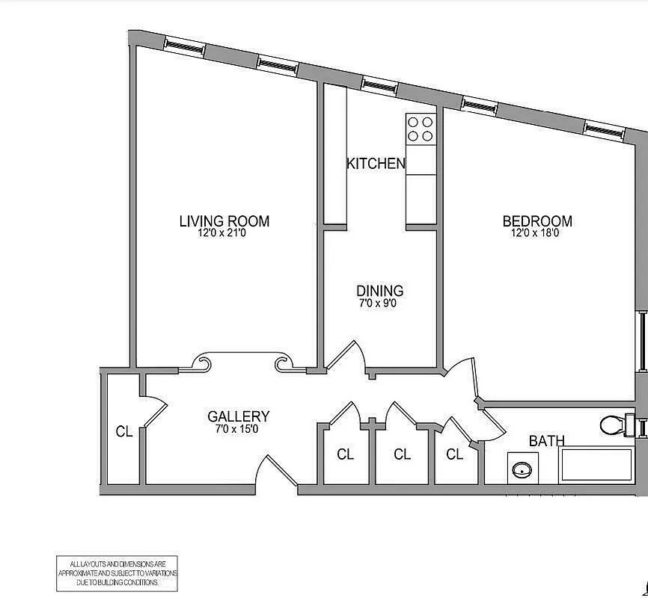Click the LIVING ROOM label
point(224,221)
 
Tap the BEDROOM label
point(537,221)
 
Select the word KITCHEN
point(376,163)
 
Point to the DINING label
point(379,291)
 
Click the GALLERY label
point(238,417)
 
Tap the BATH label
point(547,441)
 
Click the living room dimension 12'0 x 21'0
point(224,233)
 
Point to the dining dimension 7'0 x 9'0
point(379,303)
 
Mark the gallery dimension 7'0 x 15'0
point(238,429)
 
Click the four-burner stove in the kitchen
point(421,129)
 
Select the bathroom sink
point(522,470)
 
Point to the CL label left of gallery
point(124,431)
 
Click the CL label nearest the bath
point(454,454)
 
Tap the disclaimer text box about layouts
point(117,573)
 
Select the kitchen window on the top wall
point(380,84)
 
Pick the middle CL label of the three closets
point(402,454)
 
